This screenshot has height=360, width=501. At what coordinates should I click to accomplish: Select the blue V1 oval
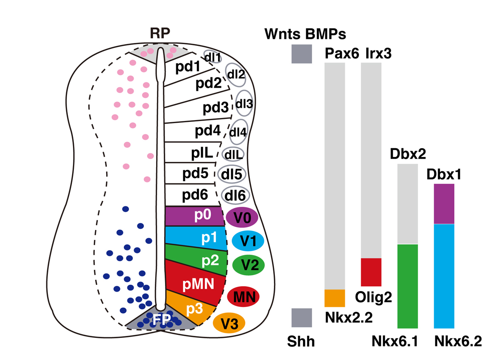248,242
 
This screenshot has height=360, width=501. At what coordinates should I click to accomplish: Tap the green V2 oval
249,265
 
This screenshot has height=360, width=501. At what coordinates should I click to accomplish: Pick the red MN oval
243,296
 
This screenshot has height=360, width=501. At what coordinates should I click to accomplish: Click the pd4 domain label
207,132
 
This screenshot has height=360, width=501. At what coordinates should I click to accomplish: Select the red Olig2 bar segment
371,272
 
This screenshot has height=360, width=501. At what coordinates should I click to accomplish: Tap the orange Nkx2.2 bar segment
335,298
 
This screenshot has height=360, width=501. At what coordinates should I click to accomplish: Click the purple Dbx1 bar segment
444,204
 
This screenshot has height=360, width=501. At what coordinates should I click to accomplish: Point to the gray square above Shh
302,318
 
